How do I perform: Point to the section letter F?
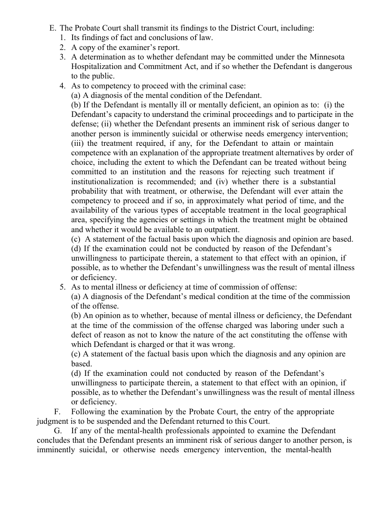coord(57,412)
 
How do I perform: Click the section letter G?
coord(57,431)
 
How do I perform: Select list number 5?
coord(62,287)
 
